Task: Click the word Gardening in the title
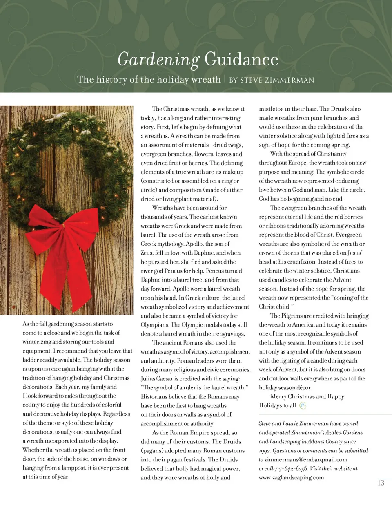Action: (158, 60)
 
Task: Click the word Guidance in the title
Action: (241, 59)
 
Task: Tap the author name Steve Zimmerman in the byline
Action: (277, 80)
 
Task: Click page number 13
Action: (381, 483)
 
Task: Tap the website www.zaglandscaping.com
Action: (292, 477)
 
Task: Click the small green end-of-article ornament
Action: (303, 405)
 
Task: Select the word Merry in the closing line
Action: (278, 396)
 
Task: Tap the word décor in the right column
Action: (303, 387)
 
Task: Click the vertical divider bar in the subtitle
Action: (225, 79)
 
